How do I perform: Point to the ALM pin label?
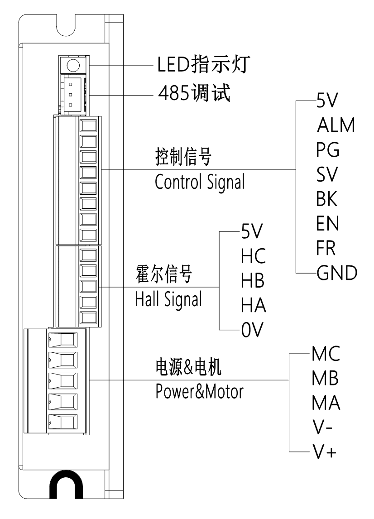coord(336,125)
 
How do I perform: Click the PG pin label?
coord(328,150)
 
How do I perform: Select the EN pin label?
coord(327,223)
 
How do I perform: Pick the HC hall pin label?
coord(253,257)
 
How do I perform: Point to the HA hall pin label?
coord(253,307)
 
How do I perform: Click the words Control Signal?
coord(199,182)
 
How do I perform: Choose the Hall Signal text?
coord(168,299)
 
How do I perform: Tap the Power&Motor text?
coord(199,391)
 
